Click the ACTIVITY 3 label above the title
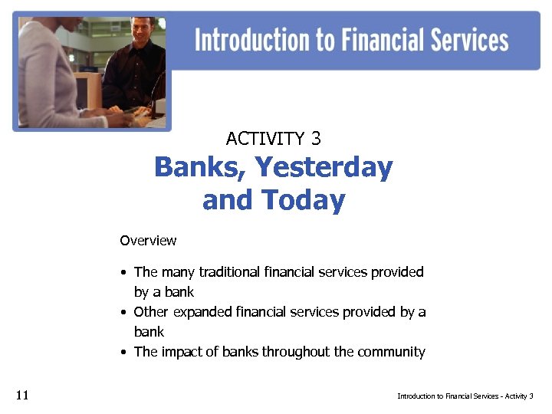click(x=273, y=139)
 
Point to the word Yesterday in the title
click(x=324, y=167)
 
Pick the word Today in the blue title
click(x=304, y=201)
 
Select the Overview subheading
click(x=148, y=241)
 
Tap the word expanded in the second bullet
click(x=201, y=312)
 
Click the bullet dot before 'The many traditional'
click(x=123, y=273)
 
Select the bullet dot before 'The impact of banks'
click(x=123, y=353)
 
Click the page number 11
click(x=21, y=396)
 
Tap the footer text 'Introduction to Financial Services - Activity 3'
click(x=465, y=396)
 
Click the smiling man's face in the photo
click(x=143, y=33)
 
